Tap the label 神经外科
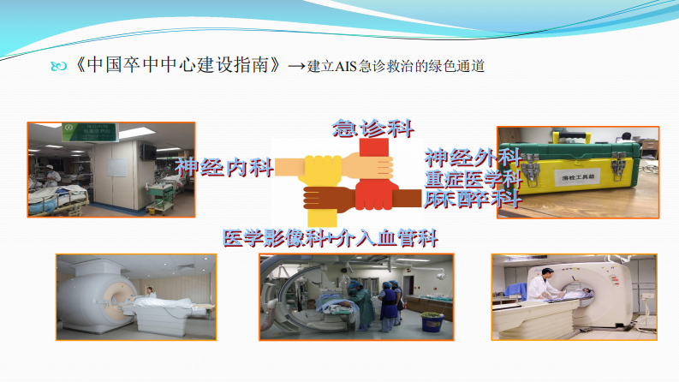(x=473, y=158)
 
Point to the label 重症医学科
(x=473, y=179)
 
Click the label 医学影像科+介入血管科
(x=336, y=238)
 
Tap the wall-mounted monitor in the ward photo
(x=149, y=152)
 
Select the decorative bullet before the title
(x=57, y=66)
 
